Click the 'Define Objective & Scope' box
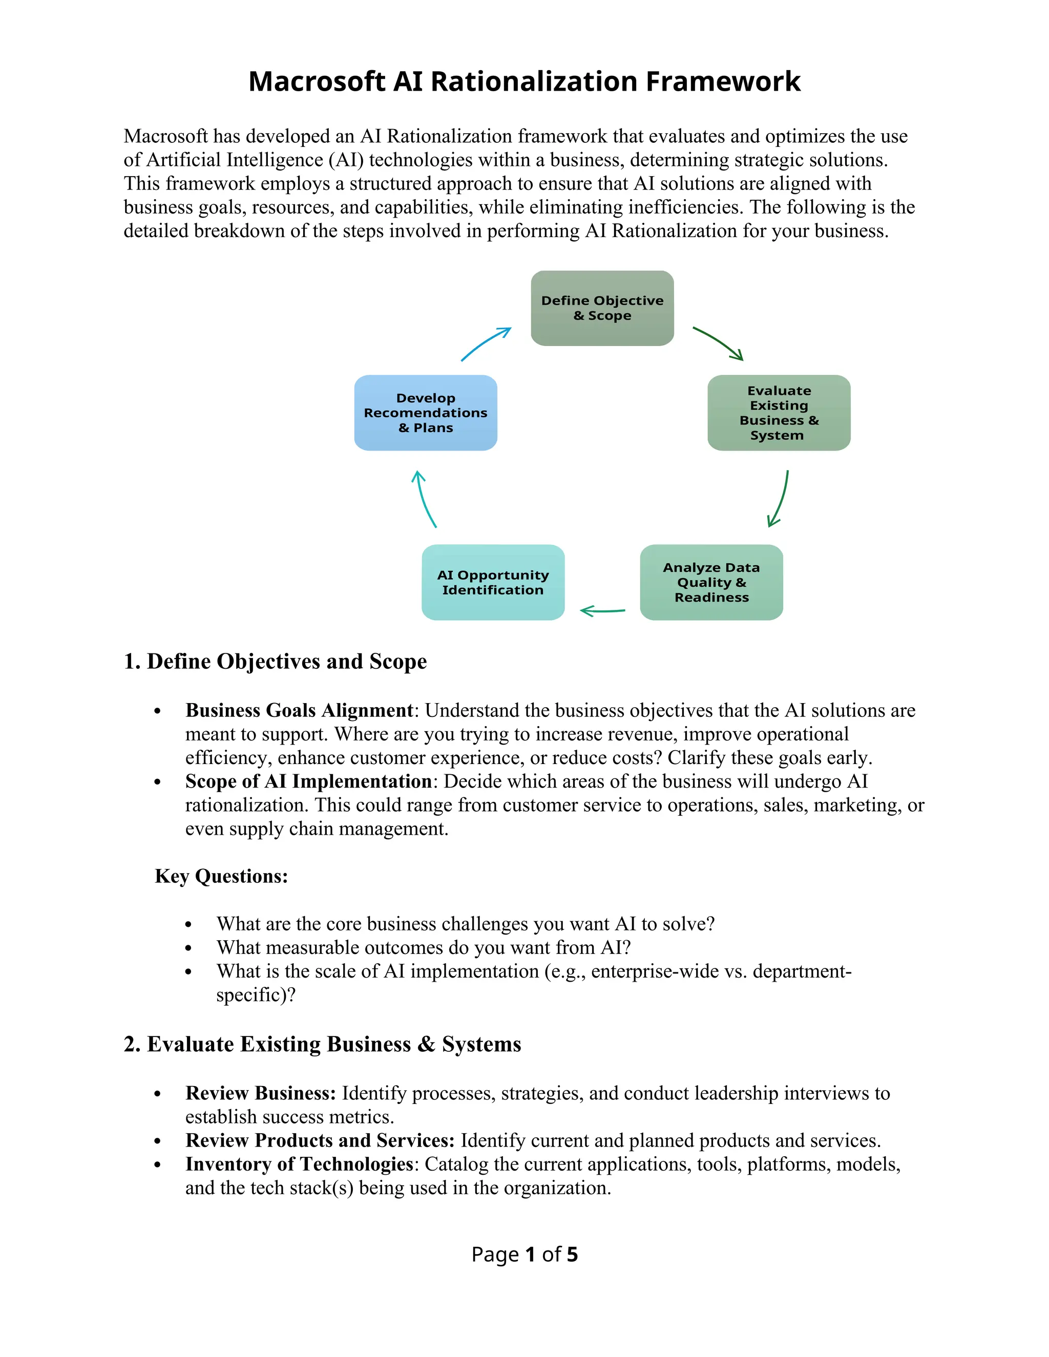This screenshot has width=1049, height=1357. tap(601, 308)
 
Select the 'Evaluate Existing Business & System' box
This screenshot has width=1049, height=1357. tap(779, 413)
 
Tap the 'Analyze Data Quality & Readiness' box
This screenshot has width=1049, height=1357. tap(711, 582)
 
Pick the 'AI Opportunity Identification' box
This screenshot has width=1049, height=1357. tap(493, 582)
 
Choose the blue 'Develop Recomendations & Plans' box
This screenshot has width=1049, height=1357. tap(425, 413)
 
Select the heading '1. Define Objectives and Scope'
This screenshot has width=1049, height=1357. tap(275, 661)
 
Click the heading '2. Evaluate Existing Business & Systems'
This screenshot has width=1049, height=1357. tap(322, 1044)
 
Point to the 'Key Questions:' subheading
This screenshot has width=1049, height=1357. tap(221, 876)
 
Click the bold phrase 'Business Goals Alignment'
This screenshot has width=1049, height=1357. tap(299, 710)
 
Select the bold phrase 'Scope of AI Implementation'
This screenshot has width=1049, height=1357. tap(308, 781)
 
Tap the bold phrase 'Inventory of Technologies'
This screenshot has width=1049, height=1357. tap(299, 1164)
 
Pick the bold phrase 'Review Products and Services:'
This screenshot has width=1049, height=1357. tap(320, 1140)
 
